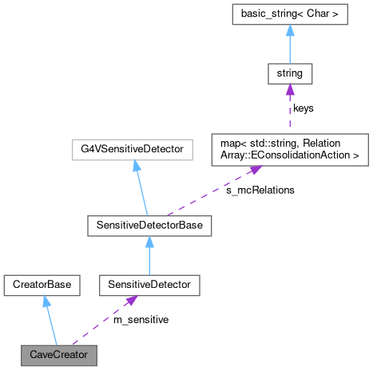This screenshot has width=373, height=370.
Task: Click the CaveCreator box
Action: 59,353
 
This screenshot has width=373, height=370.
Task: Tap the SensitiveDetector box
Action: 149,283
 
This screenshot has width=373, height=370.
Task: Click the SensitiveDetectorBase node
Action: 149,226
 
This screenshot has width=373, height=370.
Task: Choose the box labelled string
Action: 289,75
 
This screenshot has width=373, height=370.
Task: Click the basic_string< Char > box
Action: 289,14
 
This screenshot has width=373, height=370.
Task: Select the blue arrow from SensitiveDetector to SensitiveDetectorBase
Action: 149,255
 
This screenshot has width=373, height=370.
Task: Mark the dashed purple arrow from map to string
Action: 289,112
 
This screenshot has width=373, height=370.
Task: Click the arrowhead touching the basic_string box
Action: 289,30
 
